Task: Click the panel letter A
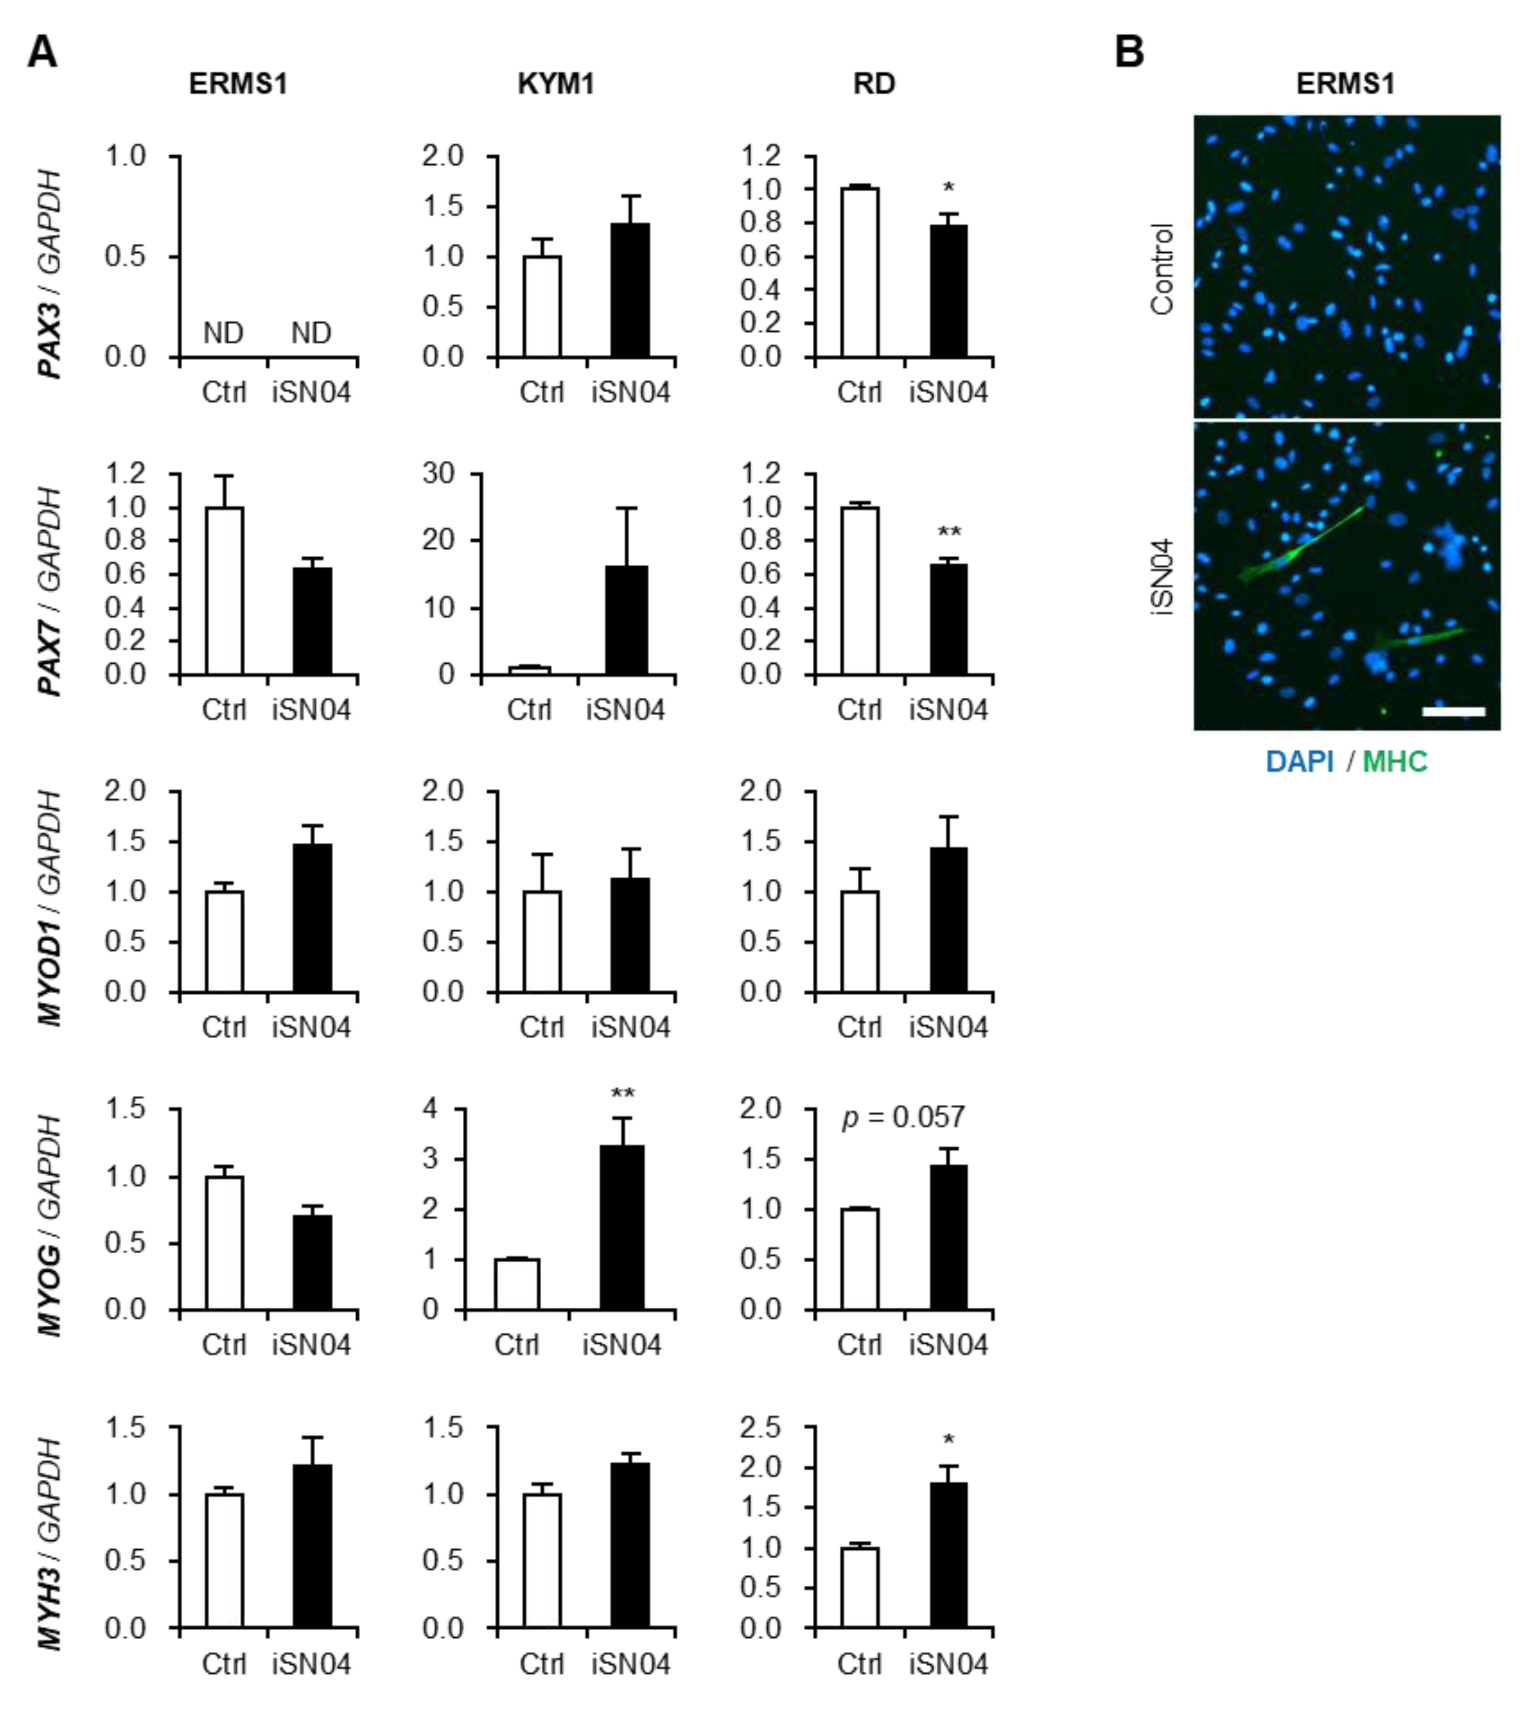click(42, 52)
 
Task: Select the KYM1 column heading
click(555, 84)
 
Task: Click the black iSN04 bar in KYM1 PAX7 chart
click(627, 620)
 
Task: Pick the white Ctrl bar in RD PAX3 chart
click(860, 273)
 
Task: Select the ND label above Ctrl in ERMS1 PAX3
click(223, 334)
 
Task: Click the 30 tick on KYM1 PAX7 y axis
click(438, 474)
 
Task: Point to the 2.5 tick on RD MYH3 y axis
click(761, 1428)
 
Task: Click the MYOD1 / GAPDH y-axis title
click(50, 909)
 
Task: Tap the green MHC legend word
click(1395, 762)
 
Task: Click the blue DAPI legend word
click(1300, 762)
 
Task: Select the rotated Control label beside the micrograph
click(1162, 270)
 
